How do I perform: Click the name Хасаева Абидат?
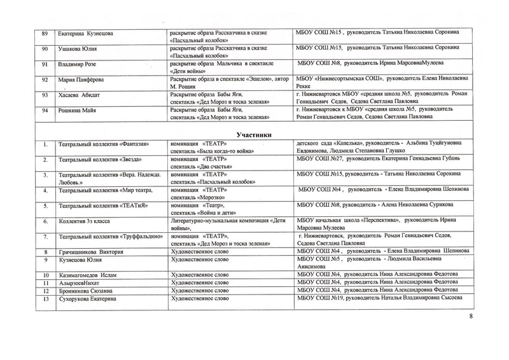click(x=79, y=95)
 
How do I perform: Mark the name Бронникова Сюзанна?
click(x=90, y=289)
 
